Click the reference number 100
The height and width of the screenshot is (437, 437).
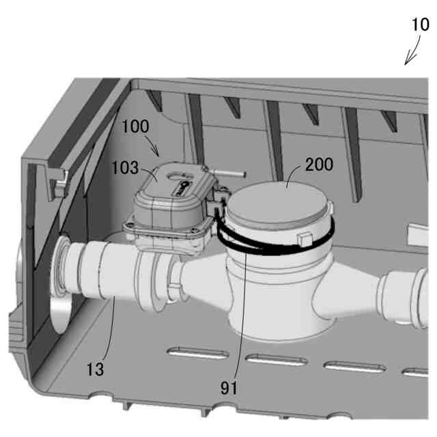[135, 126]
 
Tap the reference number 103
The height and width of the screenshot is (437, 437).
[125, 167]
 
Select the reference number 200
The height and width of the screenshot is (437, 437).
[319, 164]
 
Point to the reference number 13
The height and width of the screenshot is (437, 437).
[95, 369]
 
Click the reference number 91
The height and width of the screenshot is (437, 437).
[229, 388]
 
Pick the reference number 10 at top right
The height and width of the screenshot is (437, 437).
[421, 25]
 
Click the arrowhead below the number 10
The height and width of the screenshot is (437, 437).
[408, 60]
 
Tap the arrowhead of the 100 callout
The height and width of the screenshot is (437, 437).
[156, 152]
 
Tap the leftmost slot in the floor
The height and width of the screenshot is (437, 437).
[198, 354]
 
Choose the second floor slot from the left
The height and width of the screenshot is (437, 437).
[277, 360]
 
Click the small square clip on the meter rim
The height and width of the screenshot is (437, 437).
[305, 239]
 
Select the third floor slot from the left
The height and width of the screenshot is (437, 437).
[355, 367]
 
